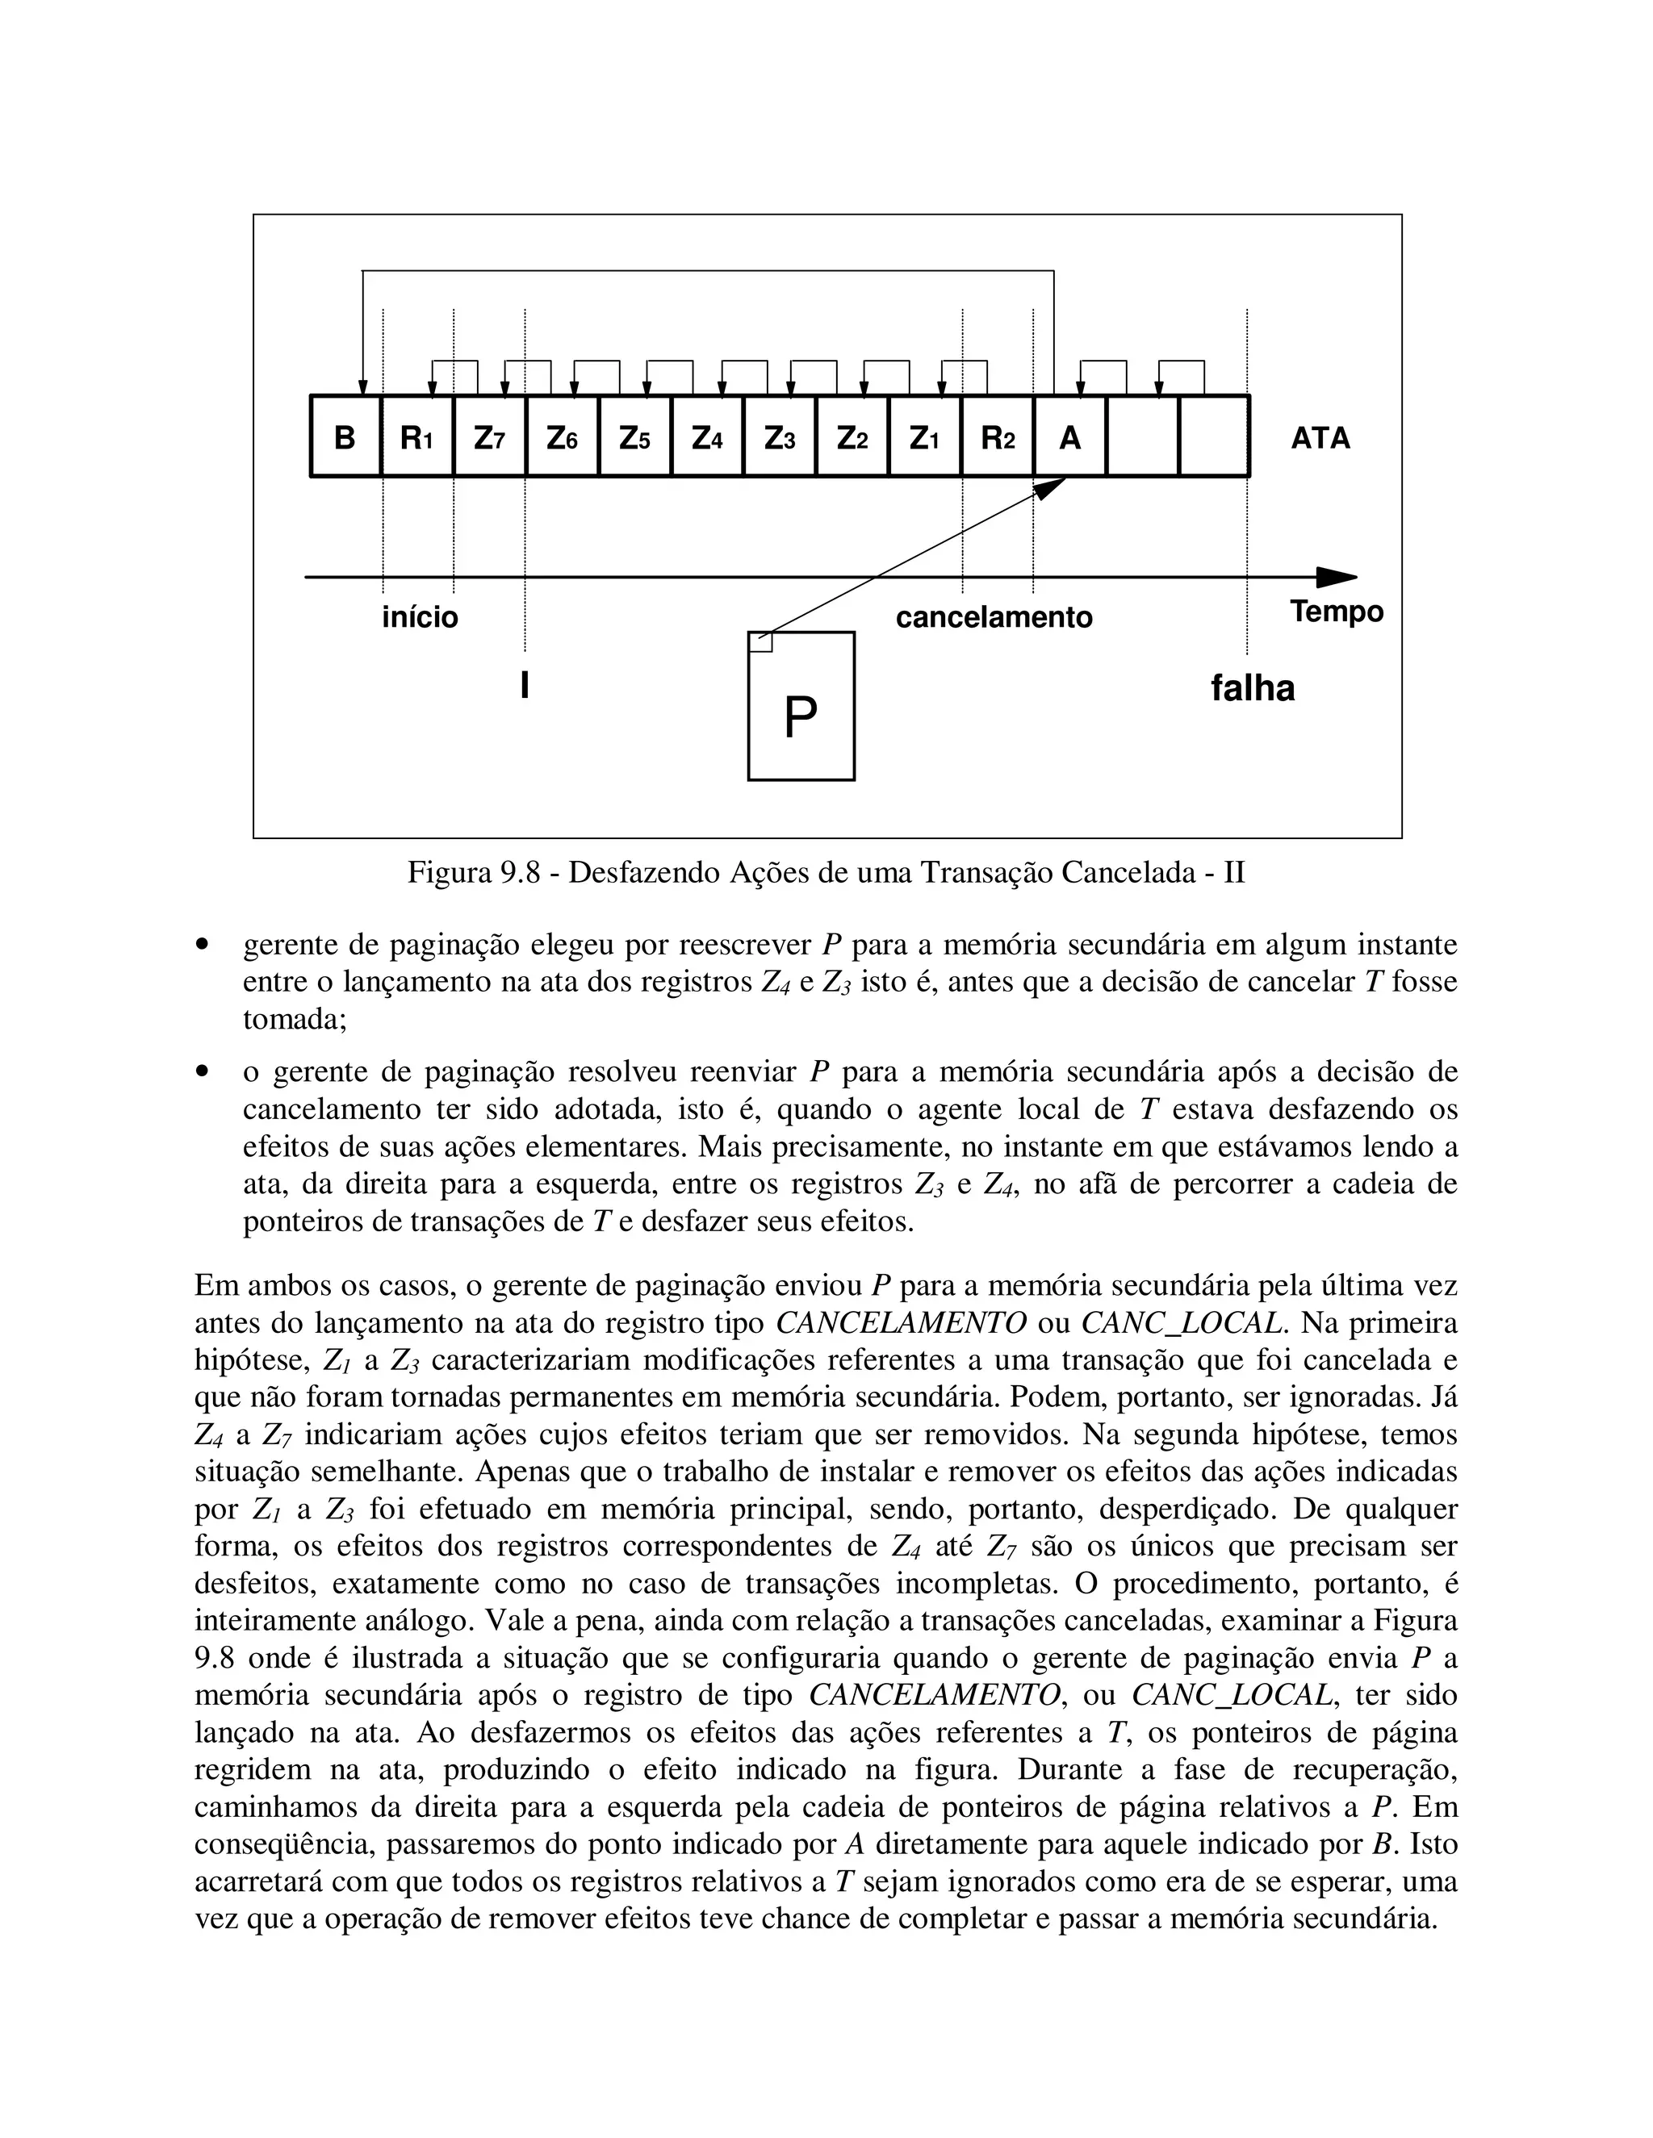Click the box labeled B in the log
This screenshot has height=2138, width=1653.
[x=345, y=436]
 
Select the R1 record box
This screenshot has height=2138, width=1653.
[x=417, y=436]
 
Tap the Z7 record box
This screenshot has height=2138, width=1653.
[x=490, y=436]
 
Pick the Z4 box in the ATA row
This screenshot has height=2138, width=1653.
[x=707, y=436]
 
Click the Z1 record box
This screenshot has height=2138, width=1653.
[x=924, y=436]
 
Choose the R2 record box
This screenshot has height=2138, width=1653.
[x=997, y=436]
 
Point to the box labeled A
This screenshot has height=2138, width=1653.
[x=1069, y=436]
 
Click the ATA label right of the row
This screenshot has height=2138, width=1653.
[x=1320, y=437]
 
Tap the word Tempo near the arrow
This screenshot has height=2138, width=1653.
[x=1336, y=611]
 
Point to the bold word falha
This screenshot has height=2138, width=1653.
[x=1253, y=688]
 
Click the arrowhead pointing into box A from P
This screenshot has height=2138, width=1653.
[x=1052, y=486]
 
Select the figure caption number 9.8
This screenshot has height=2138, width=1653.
[x=519, y=871]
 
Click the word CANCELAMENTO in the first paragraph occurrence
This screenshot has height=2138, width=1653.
[x=901, y=1323]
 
